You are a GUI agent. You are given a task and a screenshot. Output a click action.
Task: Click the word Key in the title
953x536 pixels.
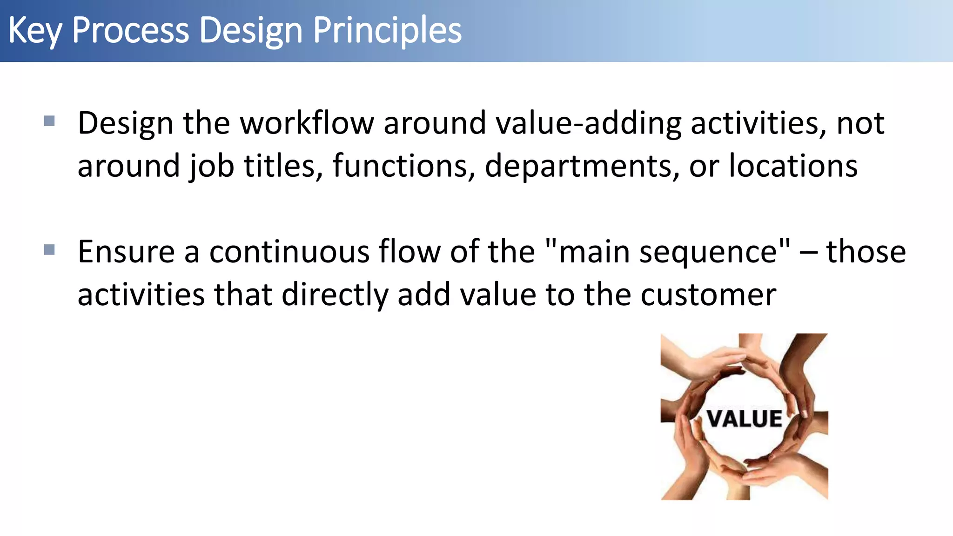(35, 31)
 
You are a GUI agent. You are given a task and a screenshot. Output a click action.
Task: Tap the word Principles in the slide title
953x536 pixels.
(387, 31)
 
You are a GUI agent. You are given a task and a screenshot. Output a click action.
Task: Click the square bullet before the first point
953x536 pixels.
(49, 121)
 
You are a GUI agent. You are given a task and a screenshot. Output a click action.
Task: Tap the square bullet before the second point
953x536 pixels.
(49, 250)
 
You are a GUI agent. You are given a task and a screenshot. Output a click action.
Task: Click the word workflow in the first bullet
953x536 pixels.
(307, 123)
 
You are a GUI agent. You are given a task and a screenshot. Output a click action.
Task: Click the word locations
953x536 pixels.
(793, 166)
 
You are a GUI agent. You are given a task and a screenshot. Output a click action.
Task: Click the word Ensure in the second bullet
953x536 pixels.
(126, 252)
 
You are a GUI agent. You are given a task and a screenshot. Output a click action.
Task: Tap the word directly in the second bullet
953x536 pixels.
(334, 295)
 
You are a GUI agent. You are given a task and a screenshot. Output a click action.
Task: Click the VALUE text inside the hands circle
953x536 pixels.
(745, 419)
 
